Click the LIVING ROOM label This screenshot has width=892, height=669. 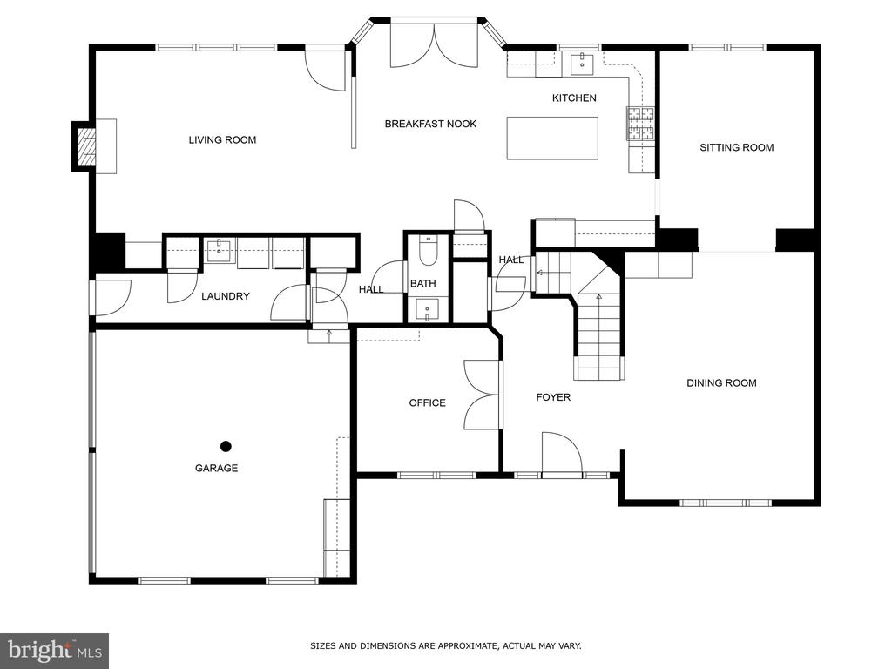(222, 140)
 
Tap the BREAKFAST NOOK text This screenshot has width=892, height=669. (430, 124)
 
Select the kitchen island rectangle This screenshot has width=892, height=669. (552, 139)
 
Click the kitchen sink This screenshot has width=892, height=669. (582, 63)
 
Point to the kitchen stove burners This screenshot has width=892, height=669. (641, 123)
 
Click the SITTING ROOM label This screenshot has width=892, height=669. (737, 148)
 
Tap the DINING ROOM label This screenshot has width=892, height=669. (721, 383)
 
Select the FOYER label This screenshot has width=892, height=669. (553, 397)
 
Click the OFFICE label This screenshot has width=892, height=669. (427, 402)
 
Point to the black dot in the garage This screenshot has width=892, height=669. (226, 447)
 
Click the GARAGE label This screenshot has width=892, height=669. (216, 468)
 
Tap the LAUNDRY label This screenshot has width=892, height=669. (226, 296)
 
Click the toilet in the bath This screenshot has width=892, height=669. (427, 251)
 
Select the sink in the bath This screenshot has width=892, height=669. (427, 311)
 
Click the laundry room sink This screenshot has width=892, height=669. (219, 250)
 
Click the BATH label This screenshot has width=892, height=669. (423, 283)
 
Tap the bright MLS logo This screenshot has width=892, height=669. (55, 651)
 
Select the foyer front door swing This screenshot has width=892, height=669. (562, 452)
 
